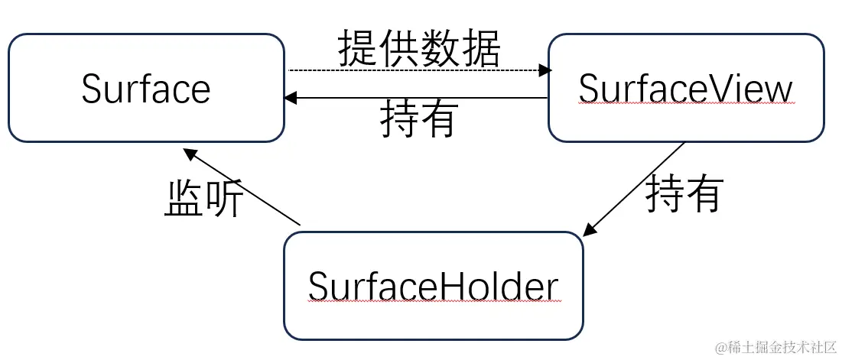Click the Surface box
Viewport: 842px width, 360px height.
[x=146, y=88]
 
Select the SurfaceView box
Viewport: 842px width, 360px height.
[x=686, y=88]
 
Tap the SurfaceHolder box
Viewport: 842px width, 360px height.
[x=433, y=286]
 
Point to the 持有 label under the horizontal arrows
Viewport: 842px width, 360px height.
[x=419, y=119]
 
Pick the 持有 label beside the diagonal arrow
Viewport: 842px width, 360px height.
[x=684, y=194]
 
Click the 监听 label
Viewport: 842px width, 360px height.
[x=204, y=200]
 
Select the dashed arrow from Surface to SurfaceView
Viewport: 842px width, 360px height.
[x=413, y=70]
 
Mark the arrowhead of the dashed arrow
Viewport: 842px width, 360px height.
[x=545, y=70]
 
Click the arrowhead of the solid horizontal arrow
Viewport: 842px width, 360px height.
[x=291, y=98]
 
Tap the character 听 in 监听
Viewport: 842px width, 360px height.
[x=225, y=200]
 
